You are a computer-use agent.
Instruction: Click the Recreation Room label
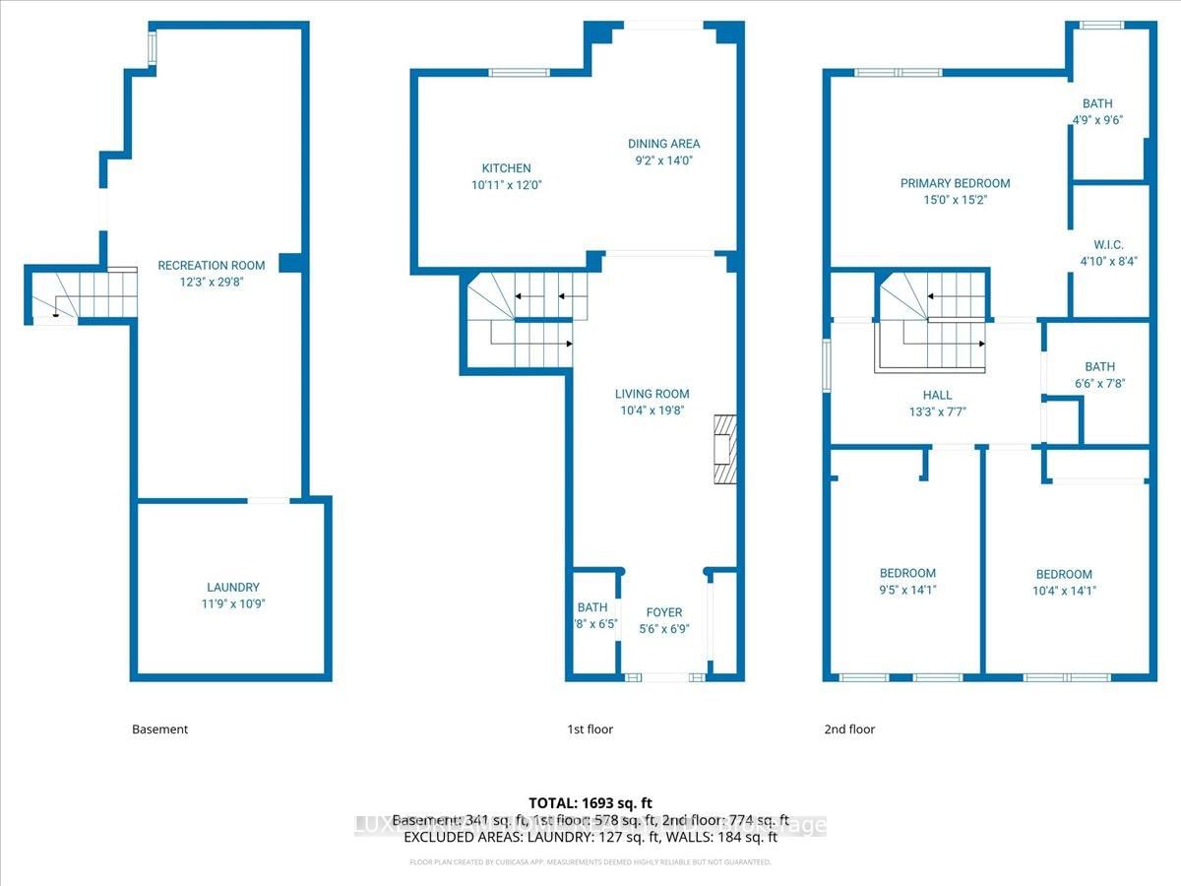pos(212,266)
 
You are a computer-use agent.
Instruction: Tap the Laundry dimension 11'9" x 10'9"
pos(233,604)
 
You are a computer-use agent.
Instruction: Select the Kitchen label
pos(506,168)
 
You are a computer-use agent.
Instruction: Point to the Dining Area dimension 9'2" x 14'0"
pos(664,160)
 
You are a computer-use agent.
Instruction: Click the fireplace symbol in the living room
pos(724,448)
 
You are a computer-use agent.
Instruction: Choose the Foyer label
pos(664,612)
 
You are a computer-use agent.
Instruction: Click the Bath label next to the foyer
pos(592,607)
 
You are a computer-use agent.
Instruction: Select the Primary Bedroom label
pos(955,183)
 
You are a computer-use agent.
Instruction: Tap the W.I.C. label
pos(1107,245)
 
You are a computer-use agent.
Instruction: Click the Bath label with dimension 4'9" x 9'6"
pos(1098,103)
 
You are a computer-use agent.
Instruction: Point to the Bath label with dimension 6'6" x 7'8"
pos(1099,366)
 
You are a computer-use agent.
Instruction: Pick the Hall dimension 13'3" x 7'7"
pos(930,412)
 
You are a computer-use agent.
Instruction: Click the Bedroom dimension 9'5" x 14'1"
pos(907,591)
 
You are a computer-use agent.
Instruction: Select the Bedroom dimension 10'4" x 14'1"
pos(1064,592)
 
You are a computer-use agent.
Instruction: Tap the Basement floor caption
pos(159,729)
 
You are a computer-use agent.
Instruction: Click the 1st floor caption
pos(590,729)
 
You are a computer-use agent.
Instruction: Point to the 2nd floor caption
pos(849,729)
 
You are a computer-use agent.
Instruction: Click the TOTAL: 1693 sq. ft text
pos(590,804)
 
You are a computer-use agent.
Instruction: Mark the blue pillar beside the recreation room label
pos(289,263)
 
